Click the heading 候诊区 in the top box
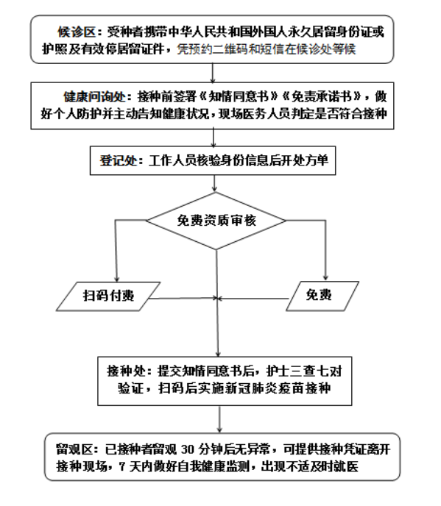pyautogui.click(x=77, y=32)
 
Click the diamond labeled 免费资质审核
pyautogui.click(x=216, y=221)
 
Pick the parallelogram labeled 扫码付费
pyautogui.click(x=108, y=296)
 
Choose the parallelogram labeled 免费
pyautogui.click(x=322, y=296)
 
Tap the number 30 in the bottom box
pyautogui.click(x=188, y=449)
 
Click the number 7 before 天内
pyautogui.click(x=121, y=466)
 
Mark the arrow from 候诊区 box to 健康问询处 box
pyautogui.click(x=213, y=73)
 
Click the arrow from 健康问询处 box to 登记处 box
pyautogui.click(x=214, y=138)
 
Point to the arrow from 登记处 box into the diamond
pyautogui.click(x=214, y=184)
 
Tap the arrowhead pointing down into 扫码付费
pyautogui.click(x=116, y=279)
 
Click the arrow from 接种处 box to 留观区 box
pyautogui.click(x=219, y=419)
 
